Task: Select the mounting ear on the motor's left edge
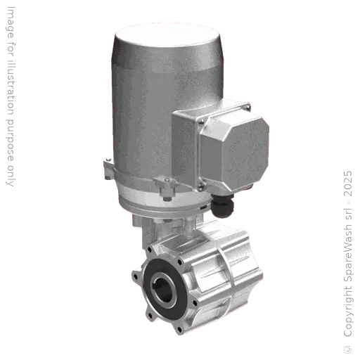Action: [106, 169]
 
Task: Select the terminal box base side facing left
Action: [184, 151]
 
